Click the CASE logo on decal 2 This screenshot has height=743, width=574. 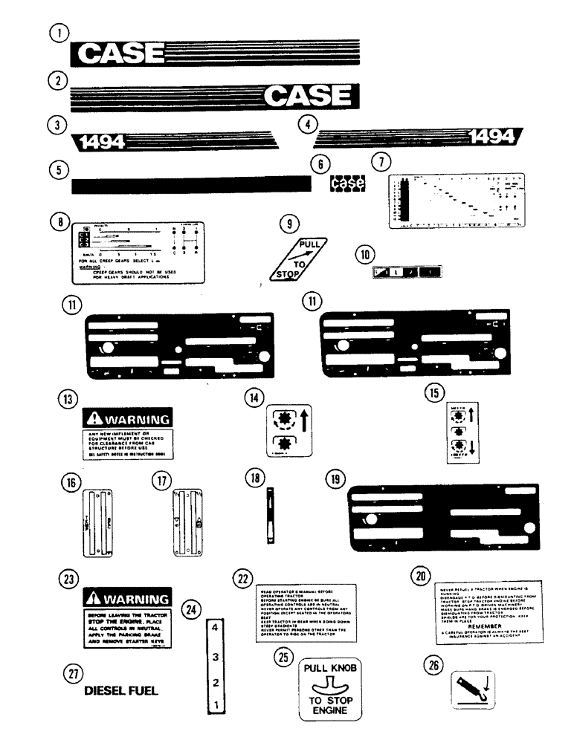point(308,95)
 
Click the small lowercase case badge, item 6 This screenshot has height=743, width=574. point(348,182)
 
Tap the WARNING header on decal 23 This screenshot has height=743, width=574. point(127,598)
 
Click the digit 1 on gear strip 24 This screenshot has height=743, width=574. point(214,703)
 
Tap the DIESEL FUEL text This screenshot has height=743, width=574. point(121,690)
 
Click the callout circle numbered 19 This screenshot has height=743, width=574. point(335,480)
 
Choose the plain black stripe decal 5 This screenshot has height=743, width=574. point(190,184)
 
